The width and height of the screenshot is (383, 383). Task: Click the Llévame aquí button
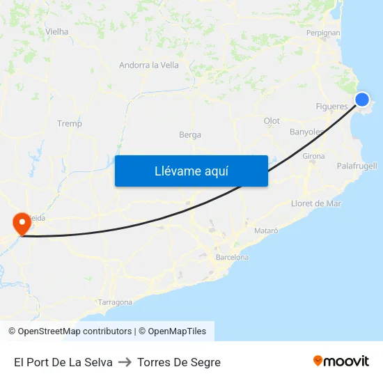[x=191, y=171]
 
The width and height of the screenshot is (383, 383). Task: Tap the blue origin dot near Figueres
[x=362, y=99]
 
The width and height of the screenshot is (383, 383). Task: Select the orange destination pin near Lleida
[x=22, y=224]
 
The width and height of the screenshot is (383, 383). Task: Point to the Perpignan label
[x=323, y=33]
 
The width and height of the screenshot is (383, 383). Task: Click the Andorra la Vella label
[x=149, y=65]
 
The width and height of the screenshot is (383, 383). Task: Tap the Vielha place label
[x=56, y=31]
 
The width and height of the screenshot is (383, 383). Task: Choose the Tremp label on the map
[x=70, y=124]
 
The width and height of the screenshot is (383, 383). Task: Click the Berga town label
[x=190, y=135]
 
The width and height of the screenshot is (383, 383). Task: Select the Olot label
[x=272, y=121]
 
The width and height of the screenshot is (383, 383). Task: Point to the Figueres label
[x=331, y=107]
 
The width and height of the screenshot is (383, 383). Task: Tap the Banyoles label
[x=306, y=132]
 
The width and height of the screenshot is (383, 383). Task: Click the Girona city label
[x=313, y=157]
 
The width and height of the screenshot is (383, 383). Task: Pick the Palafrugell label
[x=357, y=166]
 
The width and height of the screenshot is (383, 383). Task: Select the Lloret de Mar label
[x=316, y=203]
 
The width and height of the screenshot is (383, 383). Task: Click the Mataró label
[x=266, y=230]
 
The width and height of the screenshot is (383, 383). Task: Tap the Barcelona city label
[x=232, y=258]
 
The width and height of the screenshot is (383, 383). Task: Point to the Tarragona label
[x=115, y=302]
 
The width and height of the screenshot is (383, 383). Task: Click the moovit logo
[x=341, y=361]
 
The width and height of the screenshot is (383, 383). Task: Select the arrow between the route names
[x=125, y=363]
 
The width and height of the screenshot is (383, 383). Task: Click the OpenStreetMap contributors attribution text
[x=75, y=331]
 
